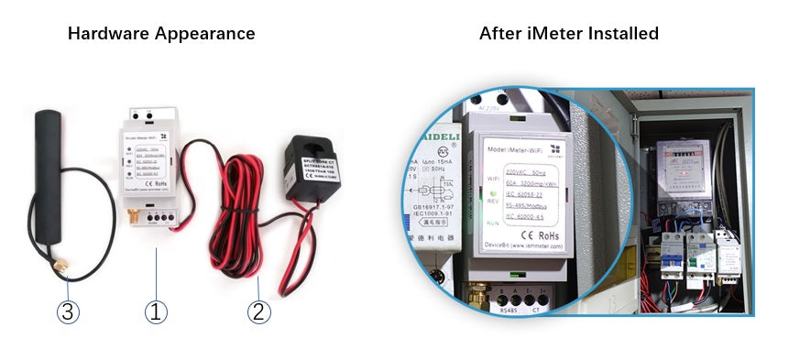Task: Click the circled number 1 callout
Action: click(x=157, y=311)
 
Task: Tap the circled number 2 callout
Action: click(x=259, y=311)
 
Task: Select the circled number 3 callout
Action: click(x=67, y=311)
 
